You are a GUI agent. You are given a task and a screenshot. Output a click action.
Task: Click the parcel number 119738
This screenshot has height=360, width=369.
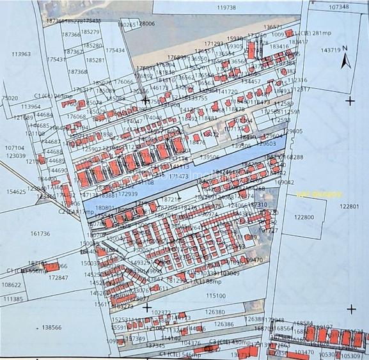click(226, 8)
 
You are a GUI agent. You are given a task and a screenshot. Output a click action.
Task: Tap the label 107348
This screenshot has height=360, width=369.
click(339, 7)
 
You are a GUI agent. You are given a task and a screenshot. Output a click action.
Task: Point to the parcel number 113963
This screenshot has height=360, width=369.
click(21, 55)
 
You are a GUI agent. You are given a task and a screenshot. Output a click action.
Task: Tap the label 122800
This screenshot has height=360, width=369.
click(304, 217)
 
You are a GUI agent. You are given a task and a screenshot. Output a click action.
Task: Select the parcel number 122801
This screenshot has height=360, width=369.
click(350, 207)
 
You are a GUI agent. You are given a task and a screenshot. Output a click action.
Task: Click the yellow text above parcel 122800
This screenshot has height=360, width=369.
click(310, 194)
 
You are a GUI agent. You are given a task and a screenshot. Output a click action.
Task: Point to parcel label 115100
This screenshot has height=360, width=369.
click(216, 295)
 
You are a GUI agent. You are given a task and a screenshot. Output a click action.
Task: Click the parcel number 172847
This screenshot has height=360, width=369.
click(58, 278)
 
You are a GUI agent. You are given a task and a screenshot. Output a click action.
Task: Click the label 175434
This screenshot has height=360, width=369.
click(116, 50)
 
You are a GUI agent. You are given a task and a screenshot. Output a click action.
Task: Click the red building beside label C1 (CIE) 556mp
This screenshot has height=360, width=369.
click(54, 266)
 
